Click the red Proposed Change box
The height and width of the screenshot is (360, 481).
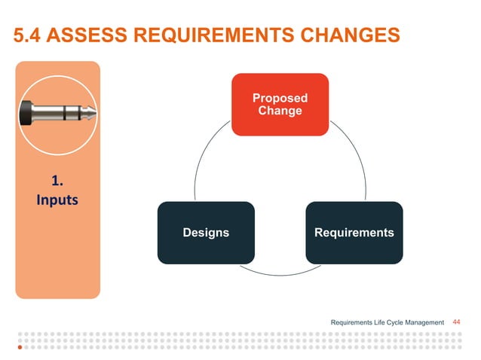click(280, 104)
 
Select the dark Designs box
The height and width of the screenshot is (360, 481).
click(206, 232)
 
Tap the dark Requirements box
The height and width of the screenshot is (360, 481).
click(354, 232)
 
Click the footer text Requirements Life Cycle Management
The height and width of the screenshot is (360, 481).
click(388, 323)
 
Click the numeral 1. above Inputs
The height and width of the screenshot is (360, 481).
click(57, 181)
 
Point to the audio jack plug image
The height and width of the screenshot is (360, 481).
click(57, 114)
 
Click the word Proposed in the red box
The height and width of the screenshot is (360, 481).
click(280, 98)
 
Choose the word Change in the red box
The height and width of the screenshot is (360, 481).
click(280, 111)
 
